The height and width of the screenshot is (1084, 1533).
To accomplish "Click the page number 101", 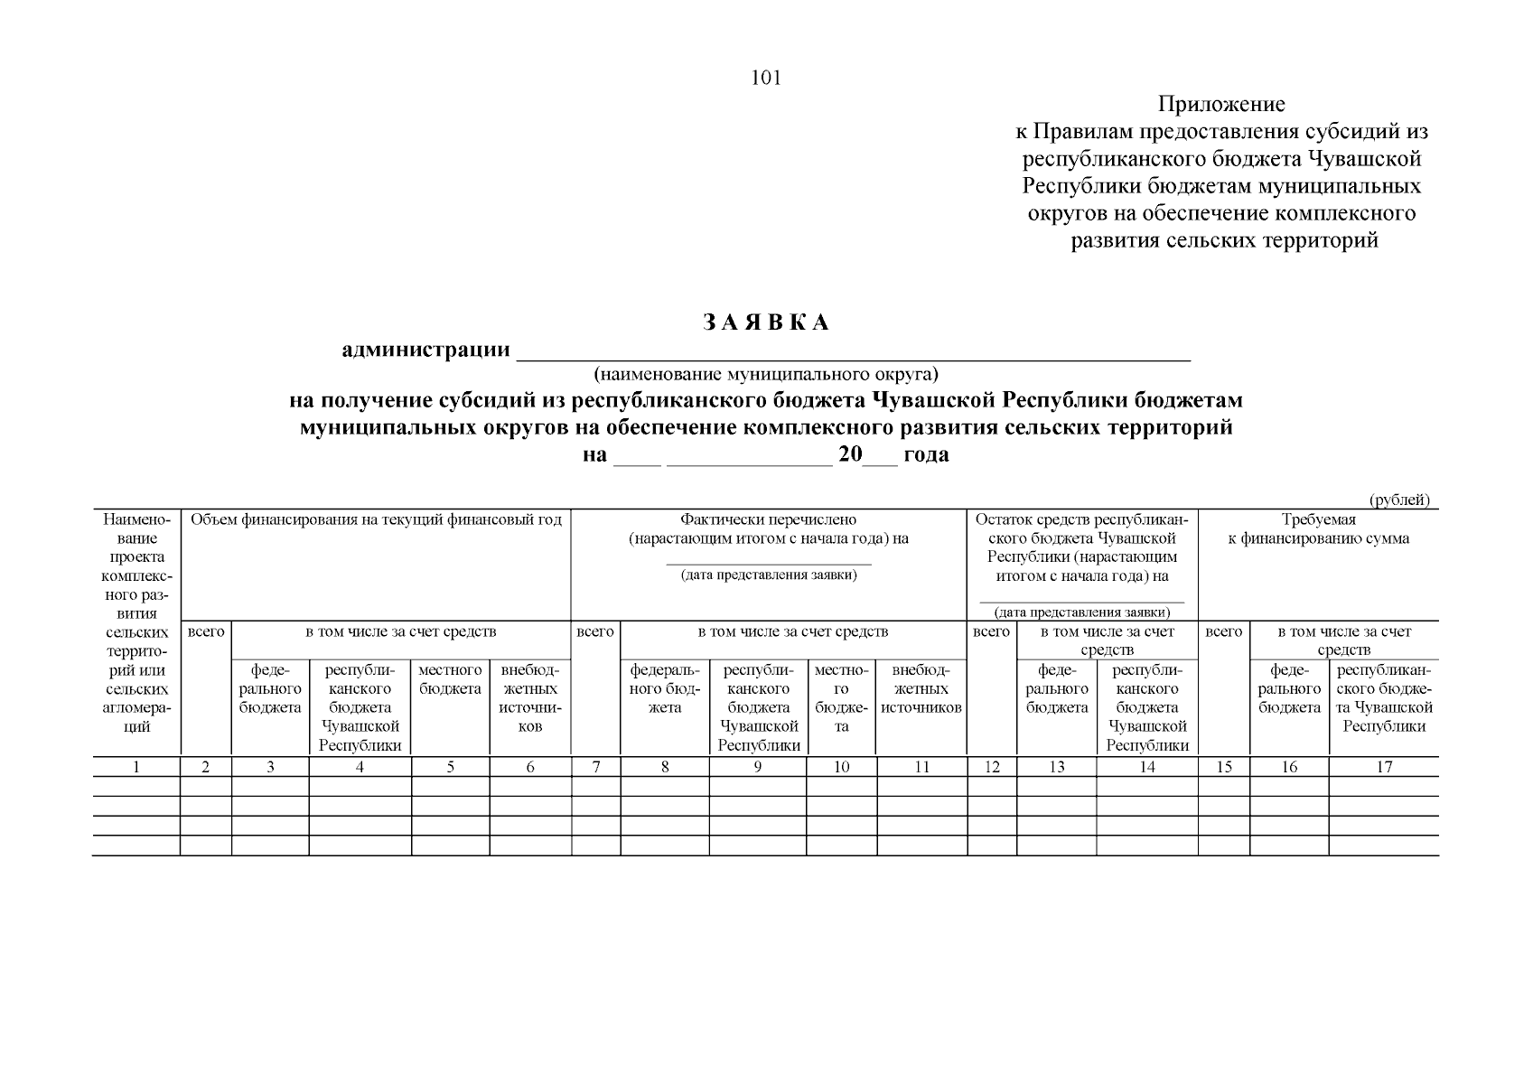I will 766,78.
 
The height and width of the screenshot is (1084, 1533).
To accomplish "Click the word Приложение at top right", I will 1221,105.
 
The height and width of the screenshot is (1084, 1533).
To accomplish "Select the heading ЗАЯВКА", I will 766,322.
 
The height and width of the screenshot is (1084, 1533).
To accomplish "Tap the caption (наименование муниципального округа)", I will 766,373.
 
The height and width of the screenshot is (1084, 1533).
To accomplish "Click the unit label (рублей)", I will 1399,500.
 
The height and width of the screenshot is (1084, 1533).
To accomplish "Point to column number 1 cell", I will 136,767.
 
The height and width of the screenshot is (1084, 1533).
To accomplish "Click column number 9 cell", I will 758,767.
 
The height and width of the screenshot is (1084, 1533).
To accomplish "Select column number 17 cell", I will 1384,767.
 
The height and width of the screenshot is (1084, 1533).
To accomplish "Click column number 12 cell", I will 992,767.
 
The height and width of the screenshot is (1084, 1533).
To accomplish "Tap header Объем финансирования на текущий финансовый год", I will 376,520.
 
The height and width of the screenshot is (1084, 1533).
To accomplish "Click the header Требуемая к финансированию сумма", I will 1318,529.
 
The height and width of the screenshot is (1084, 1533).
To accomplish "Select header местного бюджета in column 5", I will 450,680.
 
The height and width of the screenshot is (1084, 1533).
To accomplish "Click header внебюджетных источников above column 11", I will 921,689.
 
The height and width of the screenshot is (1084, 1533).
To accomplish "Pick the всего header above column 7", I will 595,632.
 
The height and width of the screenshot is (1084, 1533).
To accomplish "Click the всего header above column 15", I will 1224,632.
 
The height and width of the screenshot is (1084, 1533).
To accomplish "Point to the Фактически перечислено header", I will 768,520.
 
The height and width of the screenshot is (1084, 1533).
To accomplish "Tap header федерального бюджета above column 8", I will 665,689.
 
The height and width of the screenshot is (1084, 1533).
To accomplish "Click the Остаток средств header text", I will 1081,520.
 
